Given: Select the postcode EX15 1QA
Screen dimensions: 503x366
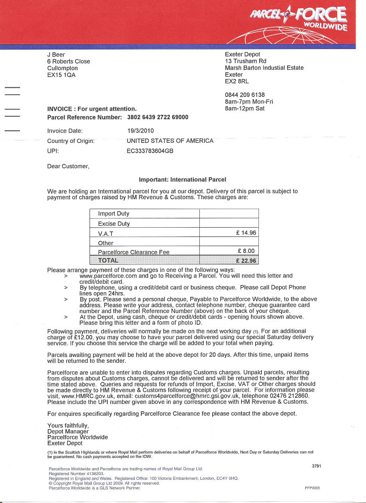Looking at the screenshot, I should point(61,75).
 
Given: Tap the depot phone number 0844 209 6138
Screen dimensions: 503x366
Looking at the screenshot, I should point(245,95).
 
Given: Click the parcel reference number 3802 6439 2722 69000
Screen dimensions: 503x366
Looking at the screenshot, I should point(158,117).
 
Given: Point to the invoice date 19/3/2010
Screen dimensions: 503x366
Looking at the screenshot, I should point(140,131).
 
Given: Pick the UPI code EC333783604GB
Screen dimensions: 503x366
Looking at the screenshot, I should point(150,151).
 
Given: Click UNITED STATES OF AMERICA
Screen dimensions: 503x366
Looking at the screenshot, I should point(170,141).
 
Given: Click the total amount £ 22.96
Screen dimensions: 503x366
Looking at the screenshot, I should point(246,260).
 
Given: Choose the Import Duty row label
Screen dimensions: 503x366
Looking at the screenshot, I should point(114,214).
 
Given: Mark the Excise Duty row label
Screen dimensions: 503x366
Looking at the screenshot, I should point(114,224).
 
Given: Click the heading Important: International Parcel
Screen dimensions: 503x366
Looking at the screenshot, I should point(182,179).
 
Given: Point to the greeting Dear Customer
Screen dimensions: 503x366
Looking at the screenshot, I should point(68,166).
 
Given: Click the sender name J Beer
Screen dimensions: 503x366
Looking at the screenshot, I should point(56,55).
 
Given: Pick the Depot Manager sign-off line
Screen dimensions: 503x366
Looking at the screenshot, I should point(68,431).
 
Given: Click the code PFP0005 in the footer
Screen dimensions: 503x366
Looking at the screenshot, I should point(312,488).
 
